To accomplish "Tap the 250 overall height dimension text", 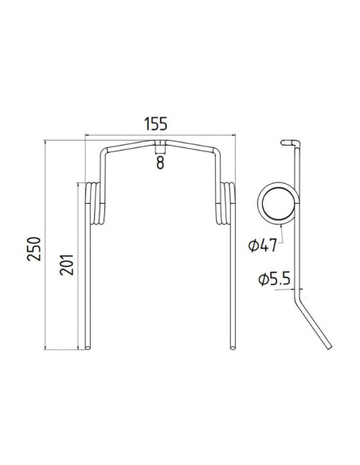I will pyautogui.click(x=33, y=248).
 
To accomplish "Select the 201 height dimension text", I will pyautogui.click(x=68, y=265).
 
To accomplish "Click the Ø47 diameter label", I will pyautogui.click(x=262, y=245).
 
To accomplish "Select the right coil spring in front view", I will pyautogui.click(x=225, y=203).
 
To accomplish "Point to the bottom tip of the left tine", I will pyautogui.click(x=88, y=345).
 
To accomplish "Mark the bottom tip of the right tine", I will pyautogui.click(x=232, y=345).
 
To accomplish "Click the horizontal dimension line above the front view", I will pyautogui.click(x=159, y=136).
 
